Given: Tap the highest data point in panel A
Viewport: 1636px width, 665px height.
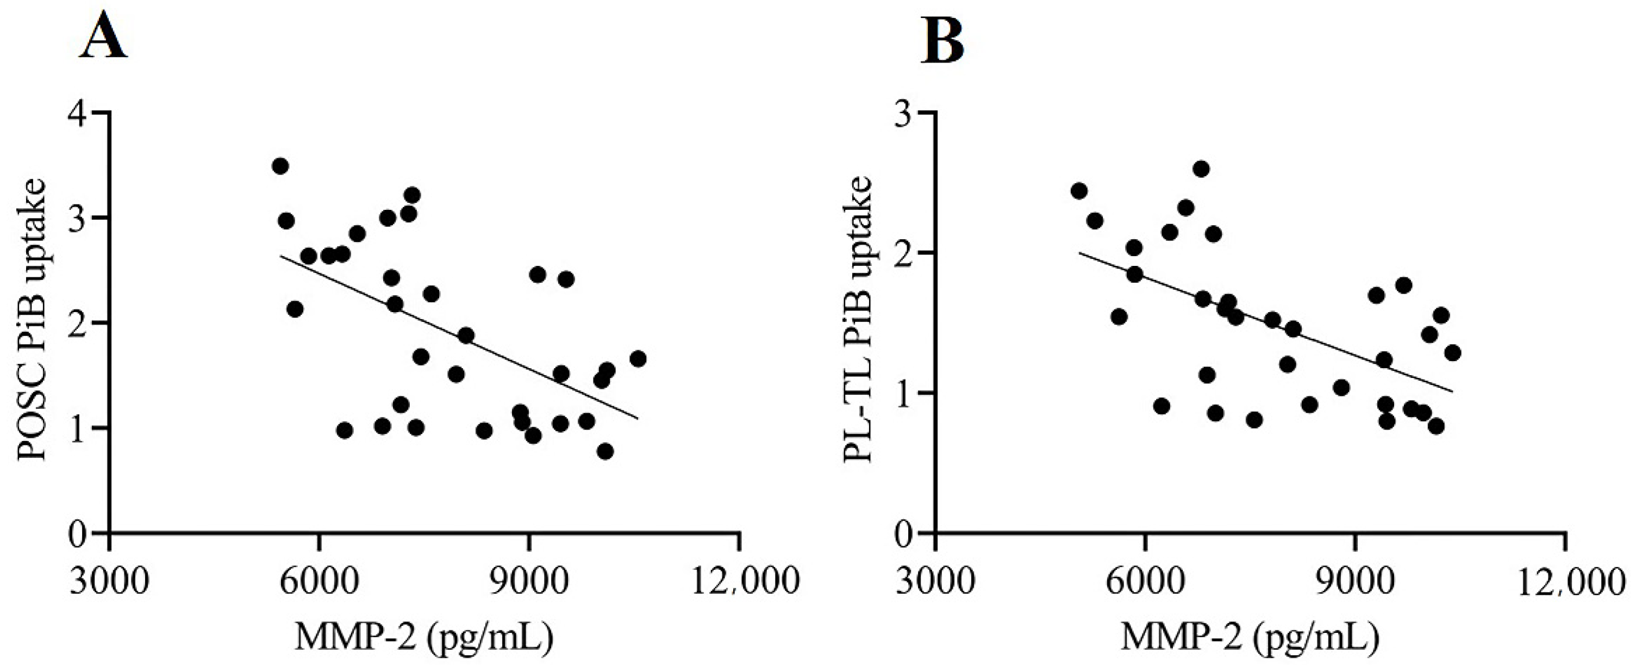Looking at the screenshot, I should pyautogui.click(x=280, y=166).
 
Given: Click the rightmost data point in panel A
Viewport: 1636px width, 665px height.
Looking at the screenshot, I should pyautogui.click(x=638, y=359).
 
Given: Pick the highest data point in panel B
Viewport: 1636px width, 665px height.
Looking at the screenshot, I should pyautogui.click(x=1201, y=169).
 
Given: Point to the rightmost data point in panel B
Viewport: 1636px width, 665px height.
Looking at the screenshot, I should pyautogui.click(x=1452, y=352).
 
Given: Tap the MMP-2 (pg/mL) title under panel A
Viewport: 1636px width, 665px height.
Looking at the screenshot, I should pyautogui.click(x=423, y=638).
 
